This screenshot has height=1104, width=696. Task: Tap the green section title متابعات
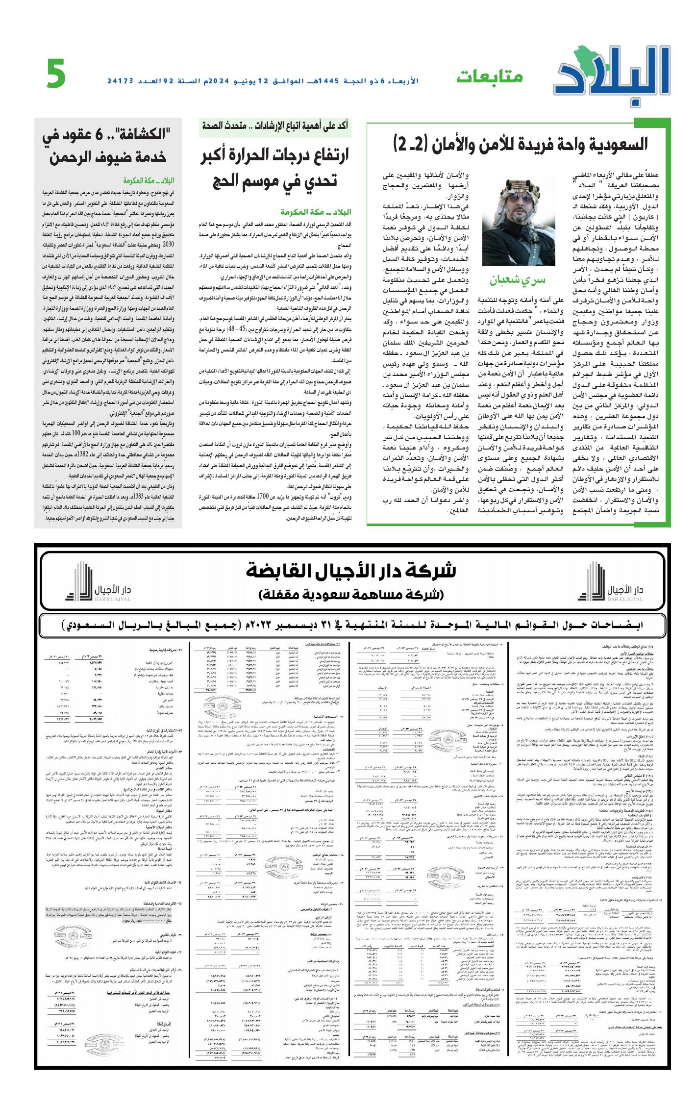[x=490, y=77]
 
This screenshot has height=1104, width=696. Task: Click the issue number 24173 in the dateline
[x=121, y=81]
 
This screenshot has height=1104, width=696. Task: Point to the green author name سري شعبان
[x=517, y=280]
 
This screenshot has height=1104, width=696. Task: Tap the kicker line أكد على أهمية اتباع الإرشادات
[x=275, y=126]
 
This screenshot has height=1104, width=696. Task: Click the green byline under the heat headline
[x=316, y=212]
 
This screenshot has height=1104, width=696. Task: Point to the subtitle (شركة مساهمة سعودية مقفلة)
[x=350, y=595]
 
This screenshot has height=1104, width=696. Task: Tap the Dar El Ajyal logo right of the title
[x=616, y=583]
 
